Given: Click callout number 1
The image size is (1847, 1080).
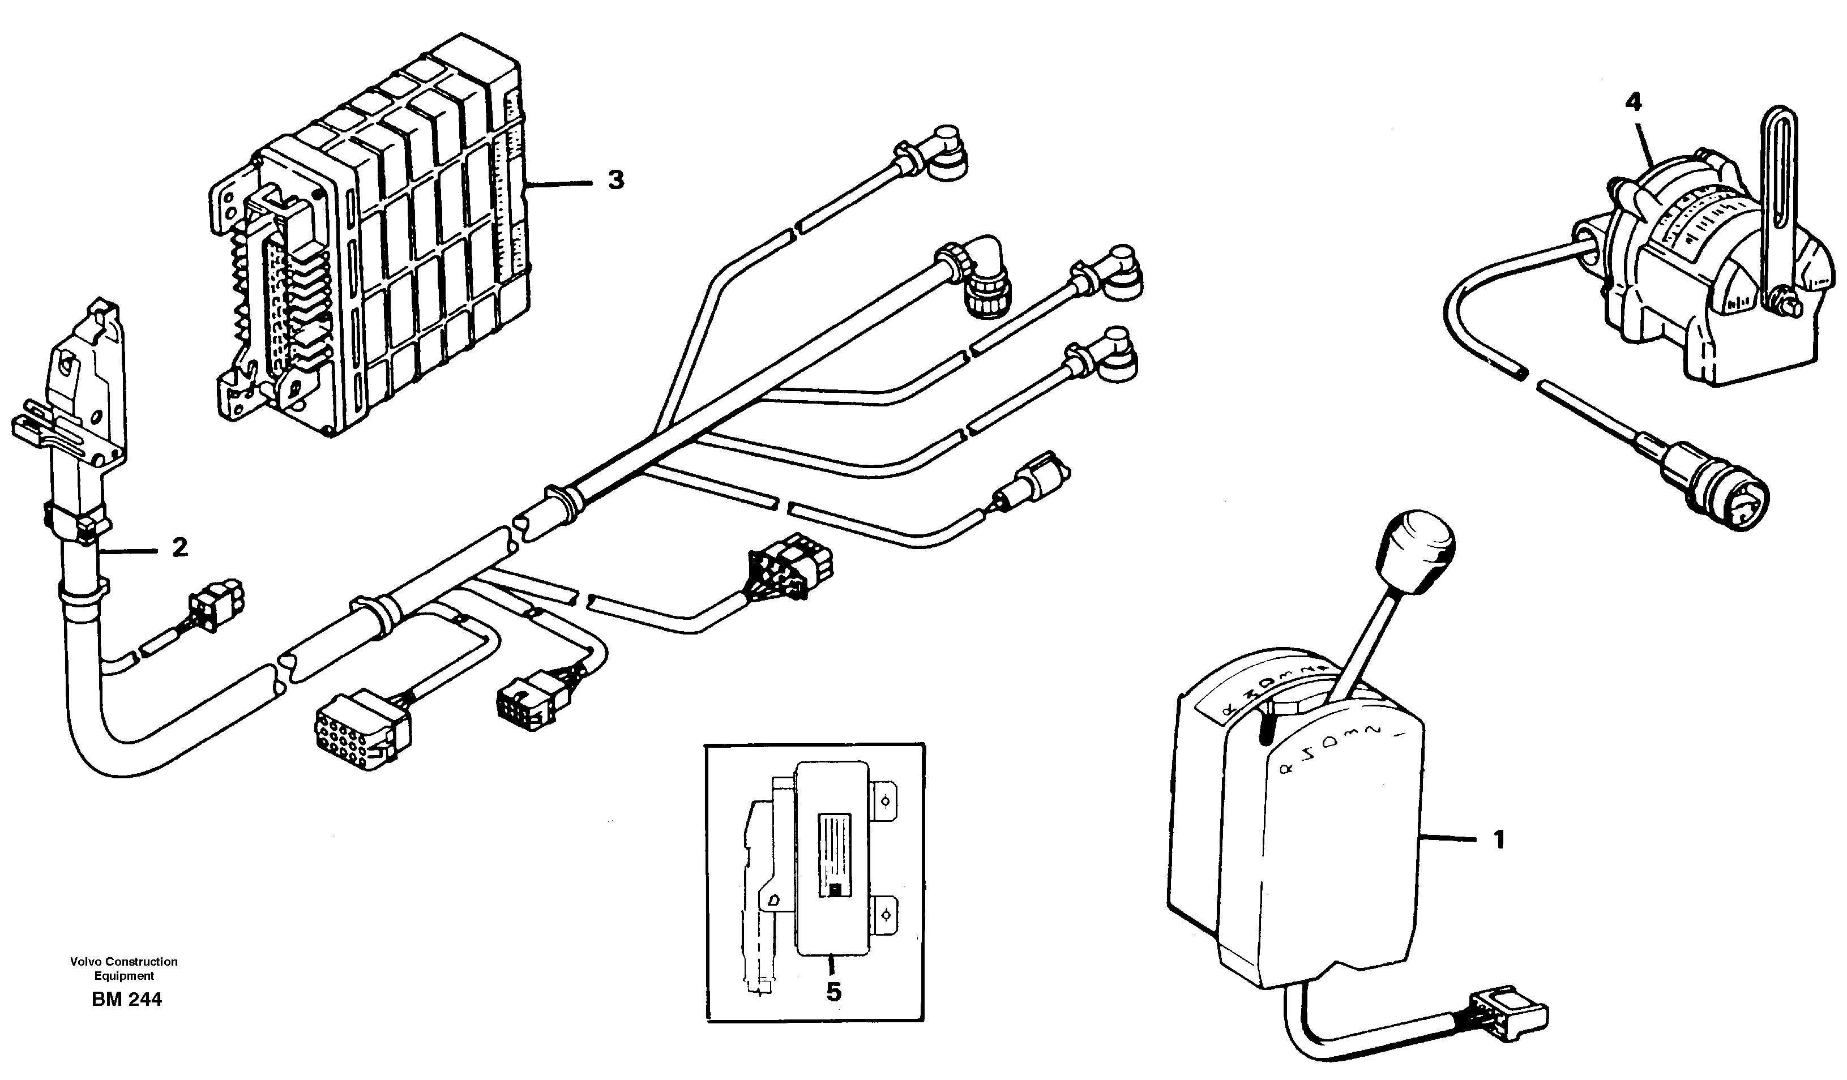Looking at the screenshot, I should pyautogui.click(x=1499, y=839).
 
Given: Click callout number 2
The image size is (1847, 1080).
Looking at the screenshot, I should pyautogui.click(x=179, y=547).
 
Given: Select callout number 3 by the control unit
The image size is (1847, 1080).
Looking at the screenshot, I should pyautogui.click(x=615, y=179).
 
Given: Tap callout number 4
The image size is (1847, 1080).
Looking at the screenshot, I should pyautogui.click(x=1634, y=102).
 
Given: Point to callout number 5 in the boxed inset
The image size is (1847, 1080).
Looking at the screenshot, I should pyautogui.click(x=833, y=992).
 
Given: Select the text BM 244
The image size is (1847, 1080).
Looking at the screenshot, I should pyautogui.click(x=127, y=1000).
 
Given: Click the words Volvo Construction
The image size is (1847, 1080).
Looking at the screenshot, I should pyautogui.click(x=124, y=961).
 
